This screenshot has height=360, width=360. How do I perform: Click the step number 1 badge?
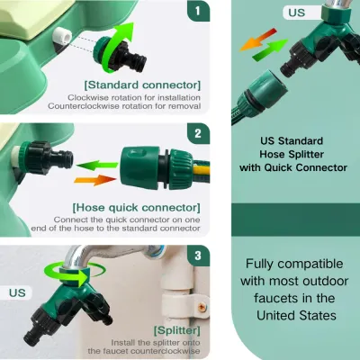[x=198, y=11]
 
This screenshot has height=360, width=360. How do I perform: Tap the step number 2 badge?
[x=198, y=133]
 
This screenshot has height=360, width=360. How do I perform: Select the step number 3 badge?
[x=198, y=256]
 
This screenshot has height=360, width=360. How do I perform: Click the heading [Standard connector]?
[x=142, y=85]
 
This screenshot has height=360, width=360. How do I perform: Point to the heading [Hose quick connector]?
[x=136, y=208]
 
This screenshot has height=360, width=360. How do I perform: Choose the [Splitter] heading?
[x=177, y=330]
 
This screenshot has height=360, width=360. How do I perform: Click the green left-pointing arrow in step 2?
[x=97, y=166]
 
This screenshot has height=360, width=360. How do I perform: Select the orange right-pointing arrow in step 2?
[x=94, y=180]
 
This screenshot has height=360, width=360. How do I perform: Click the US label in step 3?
[x=17, y=292]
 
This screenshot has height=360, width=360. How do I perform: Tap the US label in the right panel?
[x=297, y=13]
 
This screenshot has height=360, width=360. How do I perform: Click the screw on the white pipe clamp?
[x=202, y=307]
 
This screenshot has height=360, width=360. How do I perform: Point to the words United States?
[x=296, y=316]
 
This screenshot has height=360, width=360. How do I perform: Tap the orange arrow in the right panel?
[x=258, y=40]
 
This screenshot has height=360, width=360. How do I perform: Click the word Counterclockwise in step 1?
[x=84, y=106]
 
